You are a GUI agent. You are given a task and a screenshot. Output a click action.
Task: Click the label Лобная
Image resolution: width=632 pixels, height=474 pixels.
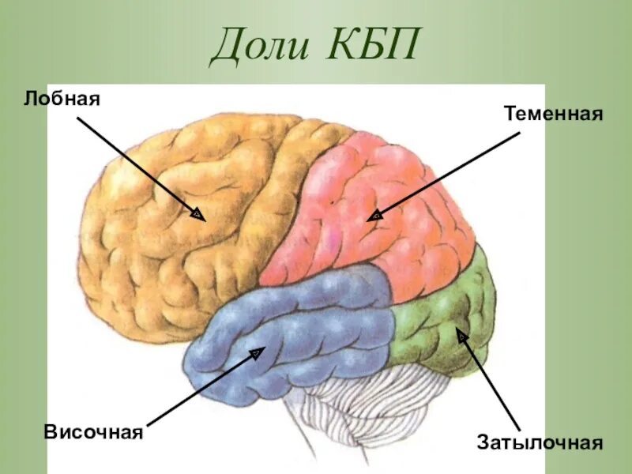point(65,100)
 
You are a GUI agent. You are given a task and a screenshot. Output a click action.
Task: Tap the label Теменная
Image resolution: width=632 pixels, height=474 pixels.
point(553,115)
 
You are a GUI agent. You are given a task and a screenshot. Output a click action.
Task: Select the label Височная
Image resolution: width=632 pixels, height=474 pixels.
point(93,432)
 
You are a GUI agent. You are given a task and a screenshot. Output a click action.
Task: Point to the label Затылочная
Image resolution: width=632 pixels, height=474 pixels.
point(540,442)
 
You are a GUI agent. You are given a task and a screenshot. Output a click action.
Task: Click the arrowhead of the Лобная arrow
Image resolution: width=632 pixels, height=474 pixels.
point(197,213)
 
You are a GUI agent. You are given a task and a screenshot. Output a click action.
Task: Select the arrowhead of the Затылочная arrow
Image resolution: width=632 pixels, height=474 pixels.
point(461,337)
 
